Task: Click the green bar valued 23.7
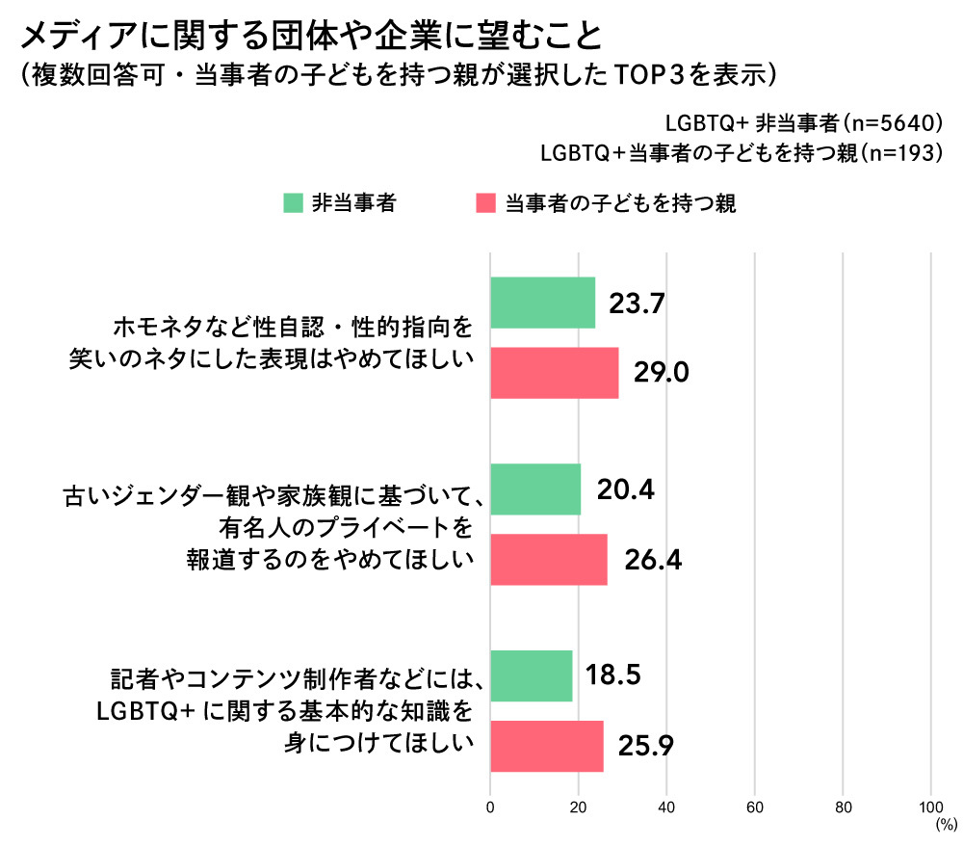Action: pos(543,304)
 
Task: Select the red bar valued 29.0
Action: pos(555,373)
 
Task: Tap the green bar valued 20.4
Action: pos(535,489)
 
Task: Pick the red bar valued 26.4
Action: pos(549,559)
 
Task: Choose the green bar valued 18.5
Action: pos(532,676)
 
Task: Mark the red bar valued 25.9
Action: pos(547,746)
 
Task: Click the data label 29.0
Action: pos(662,373)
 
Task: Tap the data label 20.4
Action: pos(626,489)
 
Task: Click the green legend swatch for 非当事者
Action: pos(293,203)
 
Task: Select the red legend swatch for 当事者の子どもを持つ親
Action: pos(486,203)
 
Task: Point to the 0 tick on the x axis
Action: pos(491,806)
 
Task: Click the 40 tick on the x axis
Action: pos(667,806)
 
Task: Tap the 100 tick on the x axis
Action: pos(931,806)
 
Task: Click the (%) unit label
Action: pos(946,825)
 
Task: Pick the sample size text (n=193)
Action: pos(898,152)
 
